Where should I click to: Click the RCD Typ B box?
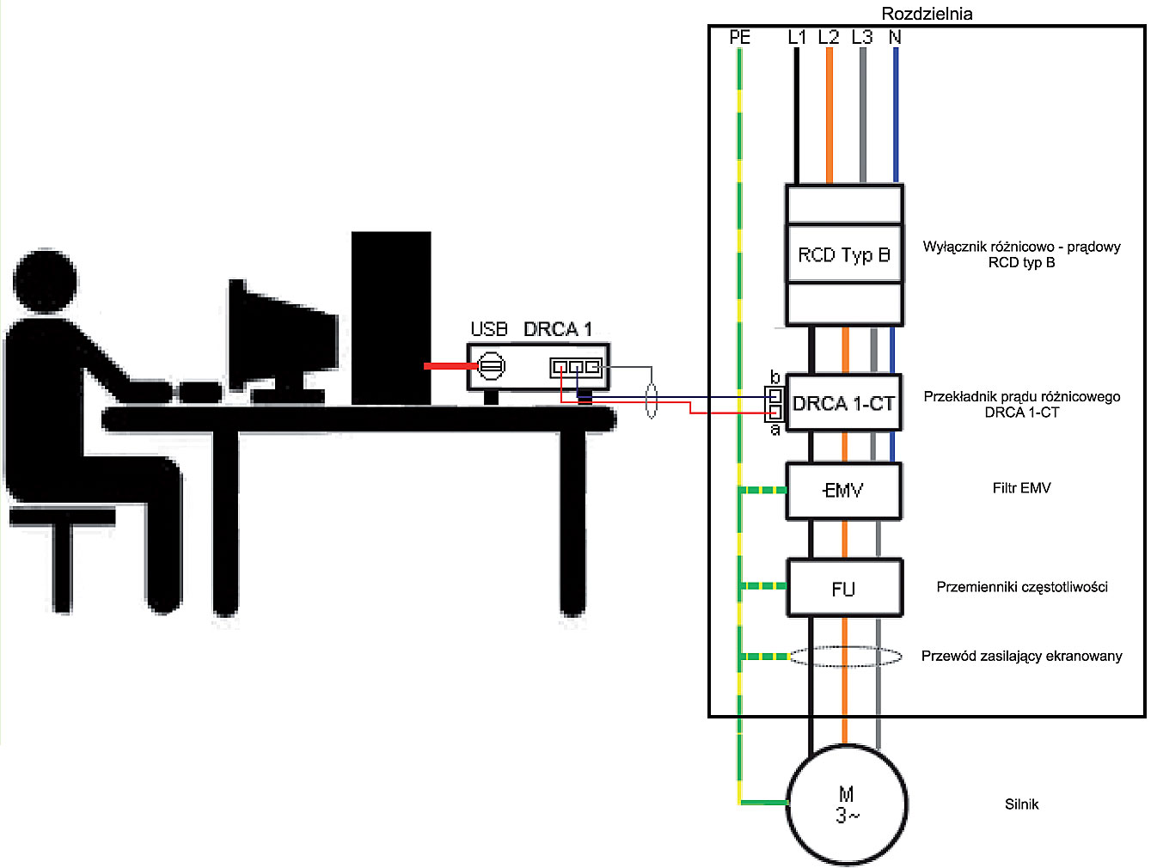tap(844, 255)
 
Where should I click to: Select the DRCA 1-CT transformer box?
tap(843, 403)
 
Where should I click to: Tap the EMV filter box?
tap(843, 492)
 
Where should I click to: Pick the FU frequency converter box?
tap(844, 588)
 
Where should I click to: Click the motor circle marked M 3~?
tap(847, 804)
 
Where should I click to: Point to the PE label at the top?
tap(739, 37)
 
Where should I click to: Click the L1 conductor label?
tap(797, 37)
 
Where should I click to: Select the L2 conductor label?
tap(829, 37)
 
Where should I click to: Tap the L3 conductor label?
tap(862, 37)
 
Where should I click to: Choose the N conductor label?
tap(895, 37)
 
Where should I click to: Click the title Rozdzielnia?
tap(927, 14)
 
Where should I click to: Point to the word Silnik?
tap(1021, 804)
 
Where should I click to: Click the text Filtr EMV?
tap(1021, 487)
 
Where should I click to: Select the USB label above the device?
tap(488, 329)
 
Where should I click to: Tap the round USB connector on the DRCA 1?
tap(492, 366)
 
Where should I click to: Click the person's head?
tap(45, 281)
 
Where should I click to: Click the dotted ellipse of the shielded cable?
tap(846, 656)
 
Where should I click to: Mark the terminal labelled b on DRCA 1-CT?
tap(774, 394)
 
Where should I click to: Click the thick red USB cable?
tap(451, 366)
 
